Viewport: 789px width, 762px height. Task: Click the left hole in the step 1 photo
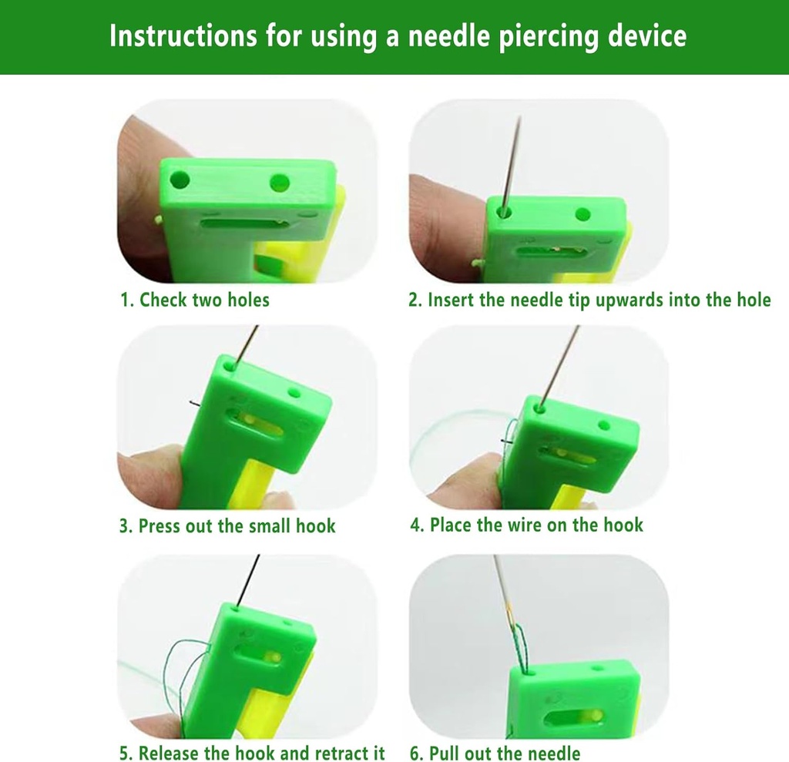(x=180, y=181)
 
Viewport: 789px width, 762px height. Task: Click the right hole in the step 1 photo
(x=280, y=183)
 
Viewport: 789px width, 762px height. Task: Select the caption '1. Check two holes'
(x=194, y=300)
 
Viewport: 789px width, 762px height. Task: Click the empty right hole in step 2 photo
(x=583, y=214)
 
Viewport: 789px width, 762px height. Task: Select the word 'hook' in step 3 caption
(x=316, y=526)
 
